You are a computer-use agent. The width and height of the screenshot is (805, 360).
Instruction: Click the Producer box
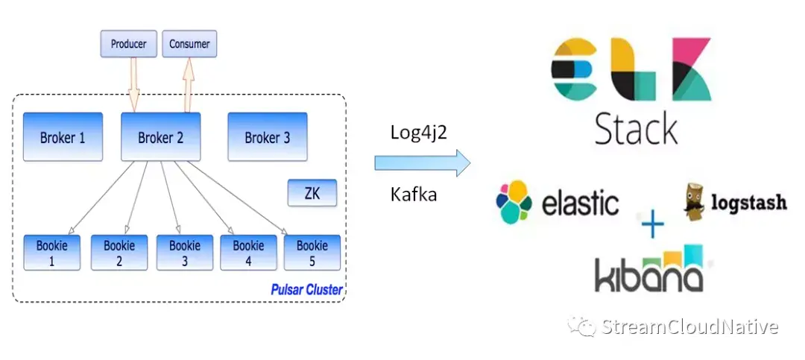click(129, 44)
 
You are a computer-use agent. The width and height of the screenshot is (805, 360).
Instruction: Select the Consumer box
click(189, 44)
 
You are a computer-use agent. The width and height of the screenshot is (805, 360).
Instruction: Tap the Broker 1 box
click(63, 137)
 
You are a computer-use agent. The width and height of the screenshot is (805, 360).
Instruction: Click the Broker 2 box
click(160, 137)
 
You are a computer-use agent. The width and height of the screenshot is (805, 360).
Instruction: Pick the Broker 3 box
click(267, 137)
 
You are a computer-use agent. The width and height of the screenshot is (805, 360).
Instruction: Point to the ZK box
click(312, 193)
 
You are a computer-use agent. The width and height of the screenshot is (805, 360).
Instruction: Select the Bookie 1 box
click(52, 253)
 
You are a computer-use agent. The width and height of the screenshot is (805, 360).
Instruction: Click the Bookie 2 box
click(119, 253)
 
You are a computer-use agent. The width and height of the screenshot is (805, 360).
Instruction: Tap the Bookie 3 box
click(184, 253)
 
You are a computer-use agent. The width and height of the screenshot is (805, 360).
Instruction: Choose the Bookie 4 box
click(248, 253)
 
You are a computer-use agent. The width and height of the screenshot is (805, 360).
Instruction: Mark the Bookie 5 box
click(312, 253)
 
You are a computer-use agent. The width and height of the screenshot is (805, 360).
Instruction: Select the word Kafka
click(414, 195)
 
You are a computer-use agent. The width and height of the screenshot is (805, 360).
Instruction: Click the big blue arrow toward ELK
click(422, 163)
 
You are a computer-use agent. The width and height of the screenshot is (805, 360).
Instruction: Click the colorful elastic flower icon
click(514, 202)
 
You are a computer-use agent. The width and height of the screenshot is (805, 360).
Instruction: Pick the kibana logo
click(648, 269)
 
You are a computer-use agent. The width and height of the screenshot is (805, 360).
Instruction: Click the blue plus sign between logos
click(652, 224)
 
